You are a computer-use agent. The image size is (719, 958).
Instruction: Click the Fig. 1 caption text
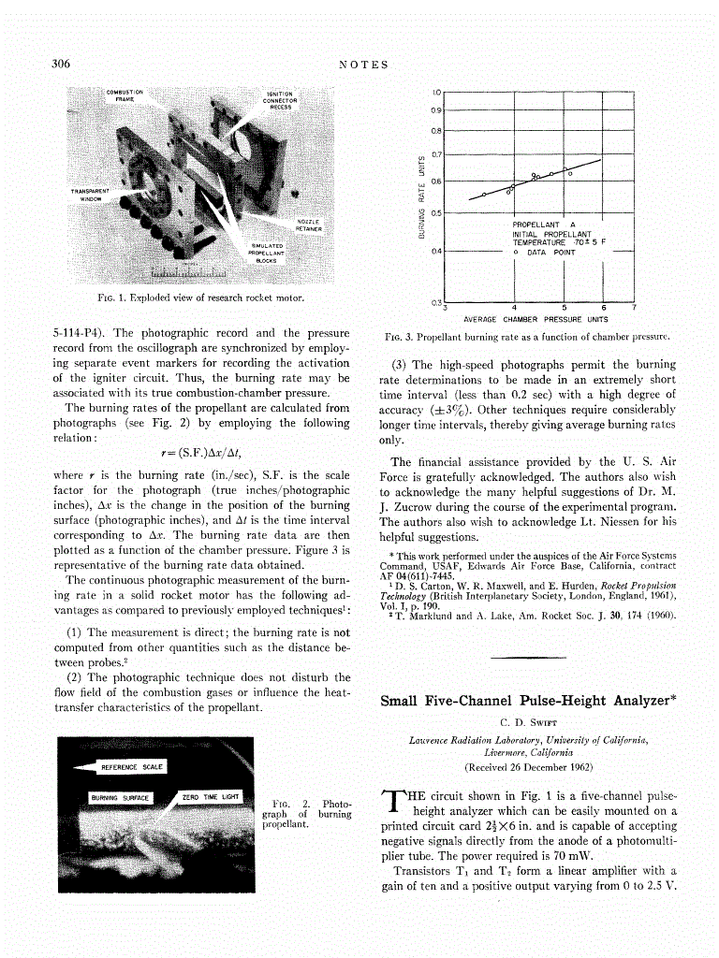(x=204, y=298)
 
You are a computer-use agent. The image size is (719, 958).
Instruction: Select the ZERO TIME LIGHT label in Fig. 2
(x=212, y=796)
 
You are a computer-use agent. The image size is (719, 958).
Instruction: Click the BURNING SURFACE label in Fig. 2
(x=120, y=797)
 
